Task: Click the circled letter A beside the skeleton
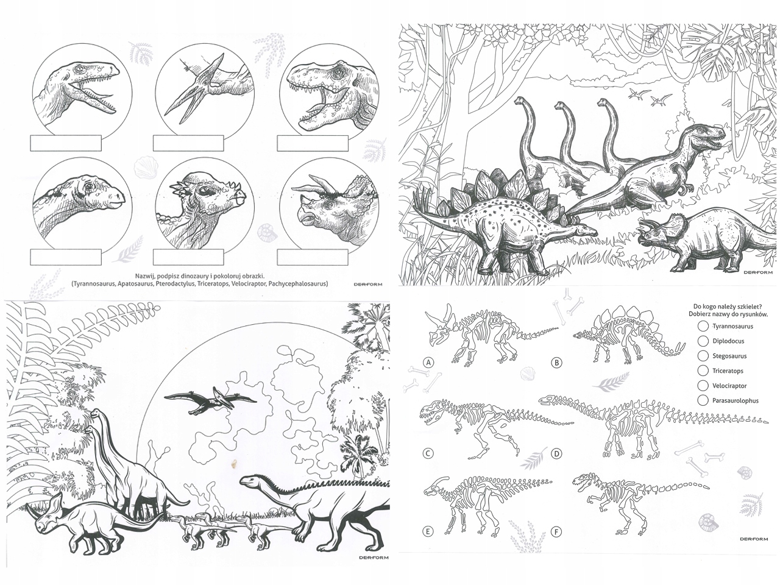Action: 429,363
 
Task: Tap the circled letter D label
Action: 556,453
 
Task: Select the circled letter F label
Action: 556,532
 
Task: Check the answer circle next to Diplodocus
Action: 703,341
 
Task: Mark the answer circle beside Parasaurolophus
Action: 703,400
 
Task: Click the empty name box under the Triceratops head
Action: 313,257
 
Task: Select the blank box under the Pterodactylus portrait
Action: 188,143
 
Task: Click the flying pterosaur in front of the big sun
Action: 210,400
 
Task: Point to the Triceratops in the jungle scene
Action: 707,241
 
